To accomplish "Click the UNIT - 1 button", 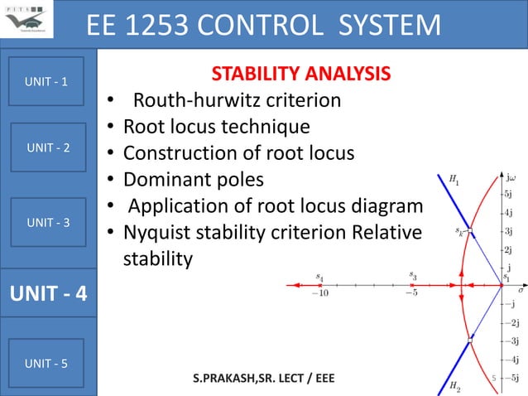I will tap(48, 82).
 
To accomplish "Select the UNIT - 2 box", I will tap(48, 147).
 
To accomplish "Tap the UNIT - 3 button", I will tap(48, 223).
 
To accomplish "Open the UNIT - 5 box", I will tap(48, 363).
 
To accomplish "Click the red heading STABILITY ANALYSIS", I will tap(300, 75).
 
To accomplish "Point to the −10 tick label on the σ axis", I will tap(319, 292).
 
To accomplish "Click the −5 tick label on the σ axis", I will tap(411, 292).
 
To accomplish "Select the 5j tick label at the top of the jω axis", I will tap(512, 194).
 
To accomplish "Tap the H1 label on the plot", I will tap(454, 178).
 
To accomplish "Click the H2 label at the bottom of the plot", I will tap(454, 386).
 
